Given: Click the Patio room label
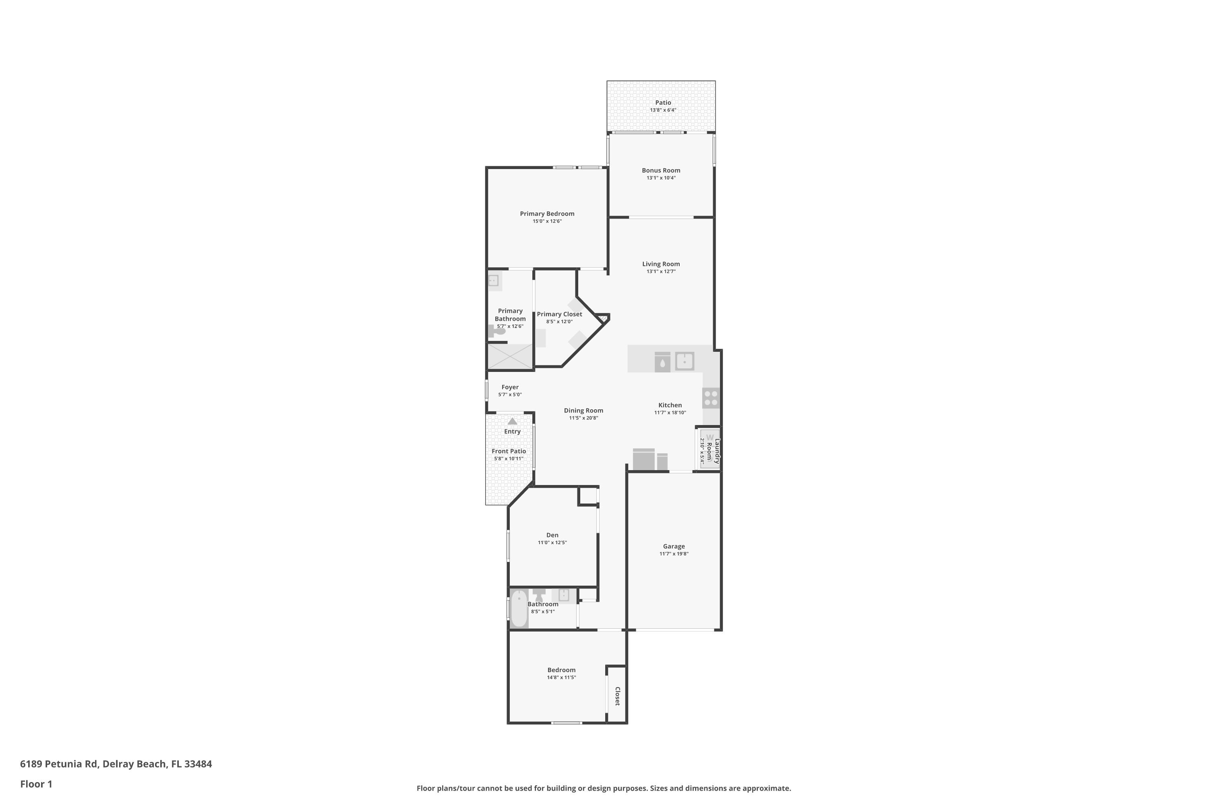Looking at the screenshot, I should click(x=662, y=103).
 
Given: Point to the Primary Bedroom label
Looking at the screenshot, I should click(x=547, y=214).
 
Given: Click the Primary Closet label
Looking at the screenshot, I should click(x=559, y=314).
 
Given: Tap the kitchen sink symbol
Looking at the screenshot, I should click(x=684, y=361).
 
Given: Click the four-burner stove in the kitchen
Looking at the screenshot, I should click(x=711, y=398).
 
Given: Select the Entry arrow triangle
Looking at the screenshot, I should click(x=512, y=421).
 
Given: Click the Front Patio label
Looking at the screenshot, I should click(x=509, y=451).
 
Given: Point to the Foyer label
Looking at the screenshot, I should click(x=510, y=387).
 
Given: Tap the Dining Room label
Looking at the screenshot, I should click(x=583, y=410).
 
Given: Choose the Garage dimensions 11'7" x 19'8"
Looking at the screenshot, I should click(x=674, y=554).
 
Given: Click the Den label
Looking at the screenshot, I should click(x=552, y=535).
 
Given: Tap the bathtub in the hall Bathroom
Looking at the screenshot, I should click(x=519, y=609).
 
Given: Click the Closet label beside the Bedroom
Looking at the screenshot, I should click(x=617, y=696).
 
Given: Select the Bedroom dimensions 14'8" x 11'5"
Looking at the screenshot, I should click(x=561, y=678).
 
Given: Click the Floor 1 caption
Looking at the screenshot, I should click(x=36, y=784).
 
